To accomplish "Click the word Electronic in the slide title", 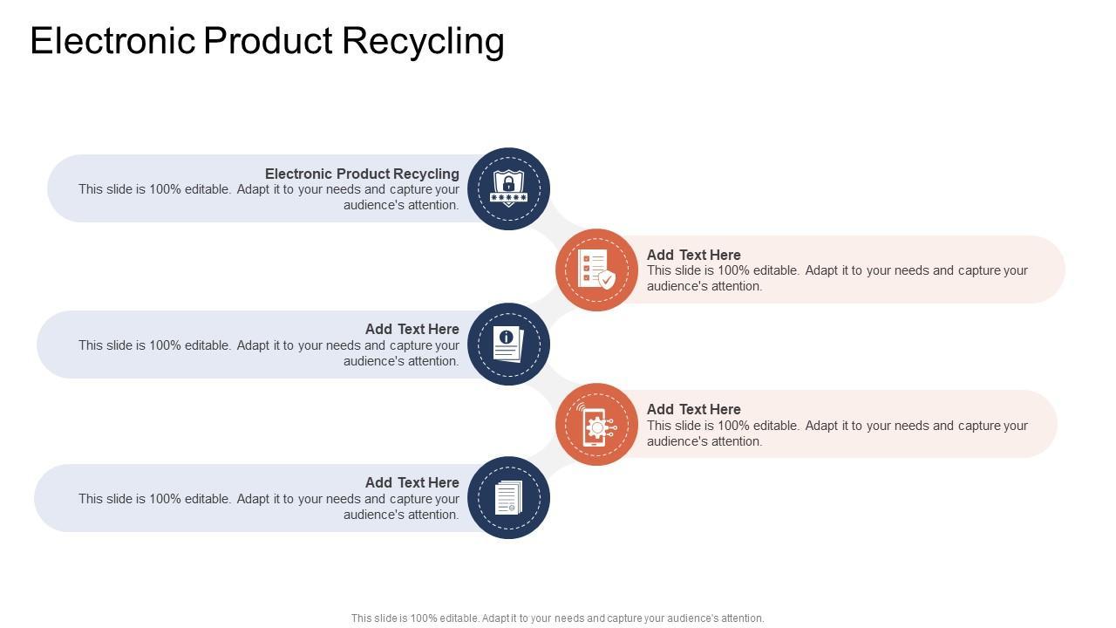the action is click(113, 42).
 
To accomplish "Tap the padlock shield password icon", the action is click(508, 188).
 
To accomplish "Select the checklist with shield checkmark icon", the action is click(596, 270).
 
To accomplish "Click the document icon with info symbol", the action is click(508, 344).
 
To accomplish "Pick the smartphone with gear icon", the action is click(596, 425).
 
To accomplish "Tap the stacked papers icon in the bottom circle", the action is click(508, 498).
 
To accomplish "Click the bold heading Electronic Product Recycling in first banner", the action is click(362, 174).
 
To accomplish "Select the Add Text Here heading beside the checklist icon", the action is click(693, 255).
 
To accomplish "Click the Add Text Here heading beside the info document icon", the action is click(412, 329).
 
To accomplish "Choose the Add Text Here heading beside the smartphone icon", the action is click(693, 409).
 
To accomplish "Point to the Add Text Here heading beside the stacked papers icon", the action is click(412, 482).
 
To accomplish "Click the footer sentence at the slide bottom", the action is click(557, 618).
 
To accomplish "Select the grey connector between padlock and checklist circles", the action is click(552, 229).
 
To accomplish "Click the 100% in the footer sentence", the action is click(423, 618).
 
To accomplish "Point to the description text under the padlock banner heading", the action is click(269, 197).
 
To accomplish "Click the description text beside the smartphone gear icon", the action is click(837, 433).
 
